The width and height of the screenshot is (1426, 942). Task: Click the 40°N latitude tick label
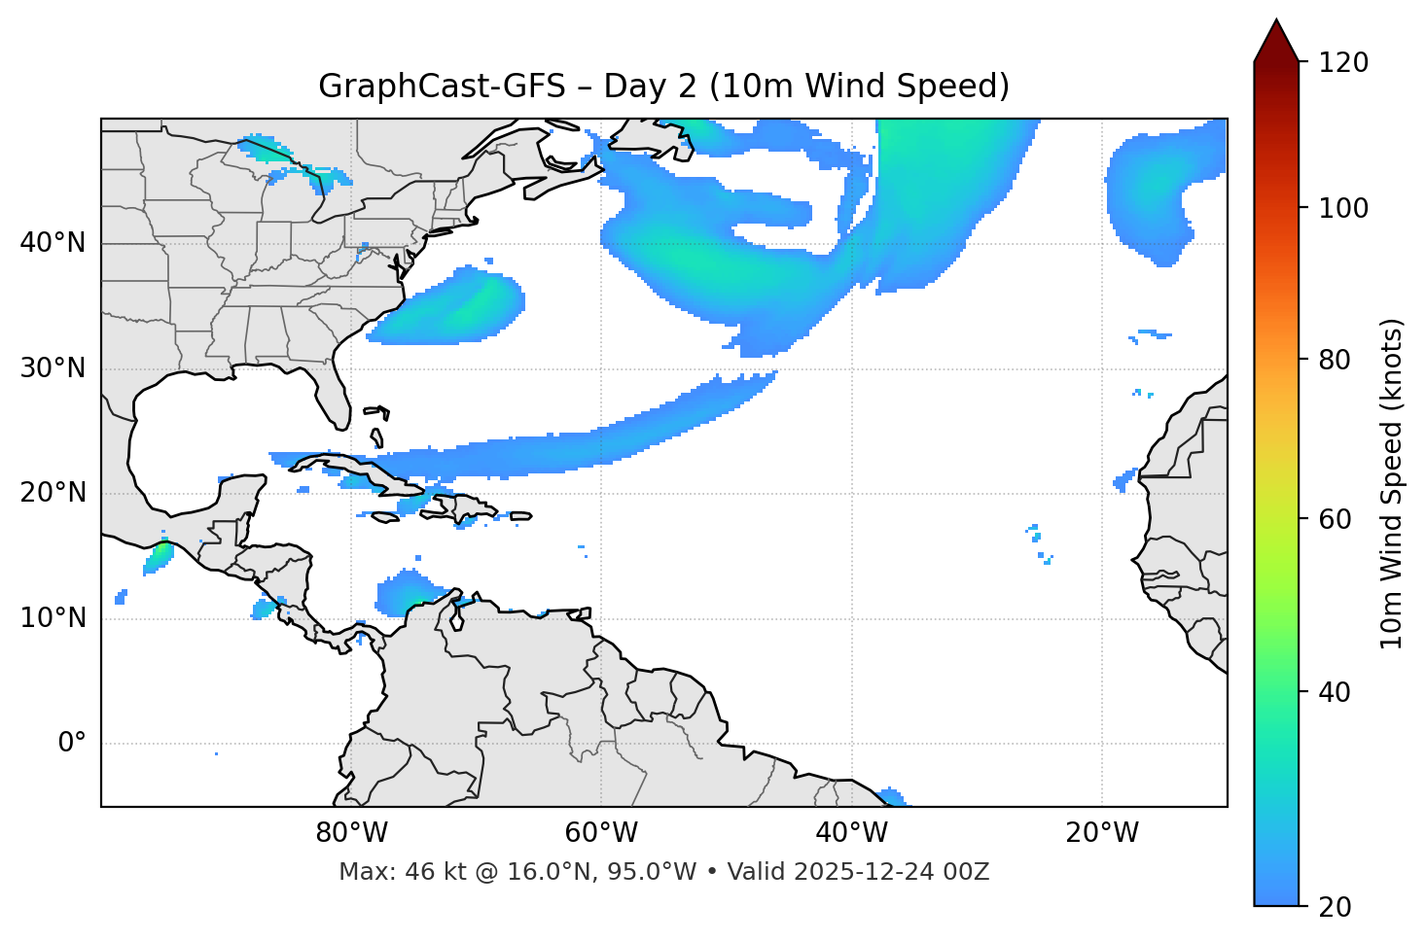pyautogui.click(x=53, y=243)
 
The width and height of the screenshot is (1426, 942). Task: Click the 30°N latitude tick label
pyautogui.click(x=53, y=368)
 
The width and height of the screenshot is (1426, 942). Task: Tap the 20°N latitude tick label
pyautogui.click(x=53, y=493)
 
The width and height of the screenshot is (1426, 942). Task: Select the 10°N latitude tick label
pyautogui.click(x=53, y=618)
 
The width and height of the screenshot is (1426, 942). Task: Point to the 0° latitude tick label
pyautogui.click(x=72, y=744)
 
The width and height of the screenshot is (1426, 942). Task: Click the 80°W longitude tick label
pyautogui.click(x=351, y=833)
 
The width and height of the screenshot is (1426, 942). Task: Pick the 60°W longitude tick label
pyautogui.click(x=601, y=833)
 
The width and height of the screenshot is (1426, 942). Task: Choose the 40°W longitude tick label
pyautogui.click(x=851, y=833)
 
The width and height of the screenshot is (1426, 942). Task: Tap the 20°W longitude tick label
pyautogui.click(x=1101, y=833)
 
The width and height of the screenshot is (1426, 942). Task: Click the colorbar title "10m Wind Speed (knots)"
pyautogui.click(x=1392, y=483)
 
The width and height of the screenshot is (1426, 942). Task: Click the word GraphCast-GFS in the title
pyautogui.click(x=442, y=87)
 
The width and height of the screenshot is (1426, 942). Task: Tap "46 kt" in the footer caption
pyautogui.click(x=426, y=872)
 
